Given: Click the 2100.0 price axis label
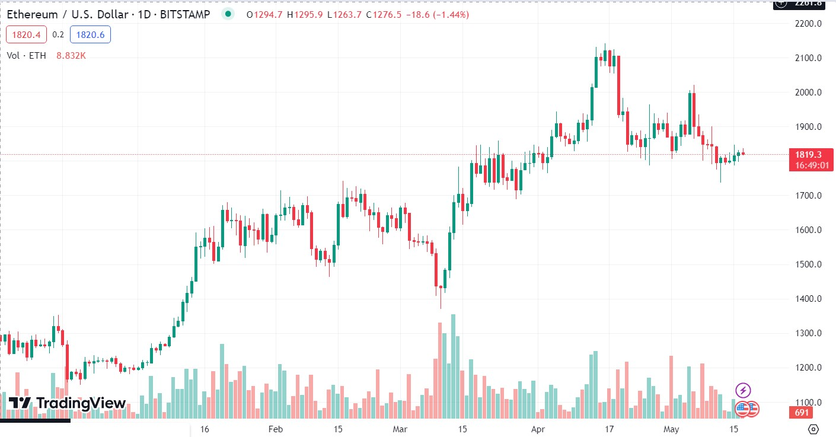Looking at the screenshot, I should pos(808,58).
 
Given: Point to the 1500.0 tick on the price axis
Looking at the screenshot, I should pos(808,264).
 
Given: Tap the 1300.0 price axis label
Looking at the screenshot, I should pos(808,333).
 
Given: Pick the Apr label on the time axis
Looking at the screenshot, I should pos(538,429).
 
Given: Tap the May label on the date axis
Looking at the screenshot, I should pos(671,429).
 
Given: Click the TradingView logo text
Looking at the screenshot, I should pos(81,403).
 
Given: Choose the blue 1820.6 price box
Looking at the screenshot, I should pos(90,35).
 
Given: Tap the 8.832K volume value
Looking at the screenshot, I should pos(71,56).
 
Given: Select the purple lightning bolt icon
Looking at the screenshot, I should pos(743,390).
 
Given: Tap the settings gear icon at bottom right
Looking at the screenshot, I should pos(813,429).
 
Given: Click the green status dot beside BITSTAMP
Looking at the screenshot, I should pos(228,14).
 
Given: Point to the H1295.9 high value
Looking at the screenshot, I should pos(303,15).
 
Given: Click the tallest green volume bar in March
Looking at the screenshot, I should pos(453,366).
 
